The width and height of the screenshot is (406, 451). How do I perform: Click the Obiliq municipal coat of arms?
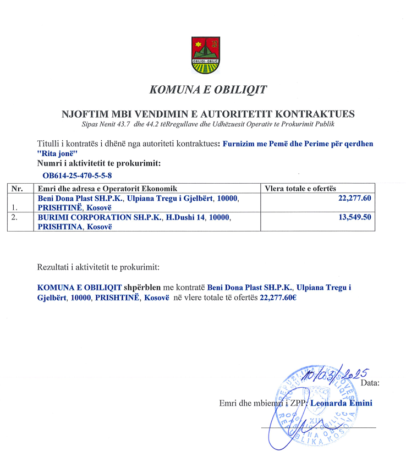pos(205,55)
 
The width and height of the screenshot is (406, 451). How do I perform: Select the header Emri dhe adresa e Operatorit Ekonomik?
pos(103,188)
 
